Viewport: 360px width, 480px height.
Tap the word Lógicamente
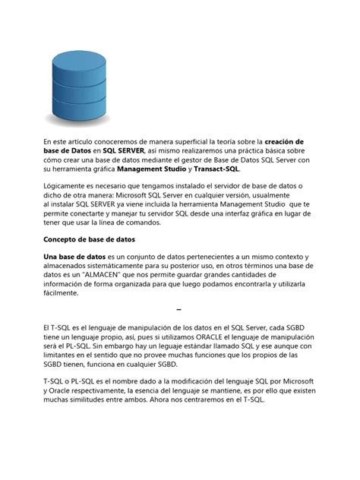[67, 186]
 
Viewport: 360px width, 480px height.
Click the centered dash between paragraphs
[179, 310]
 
